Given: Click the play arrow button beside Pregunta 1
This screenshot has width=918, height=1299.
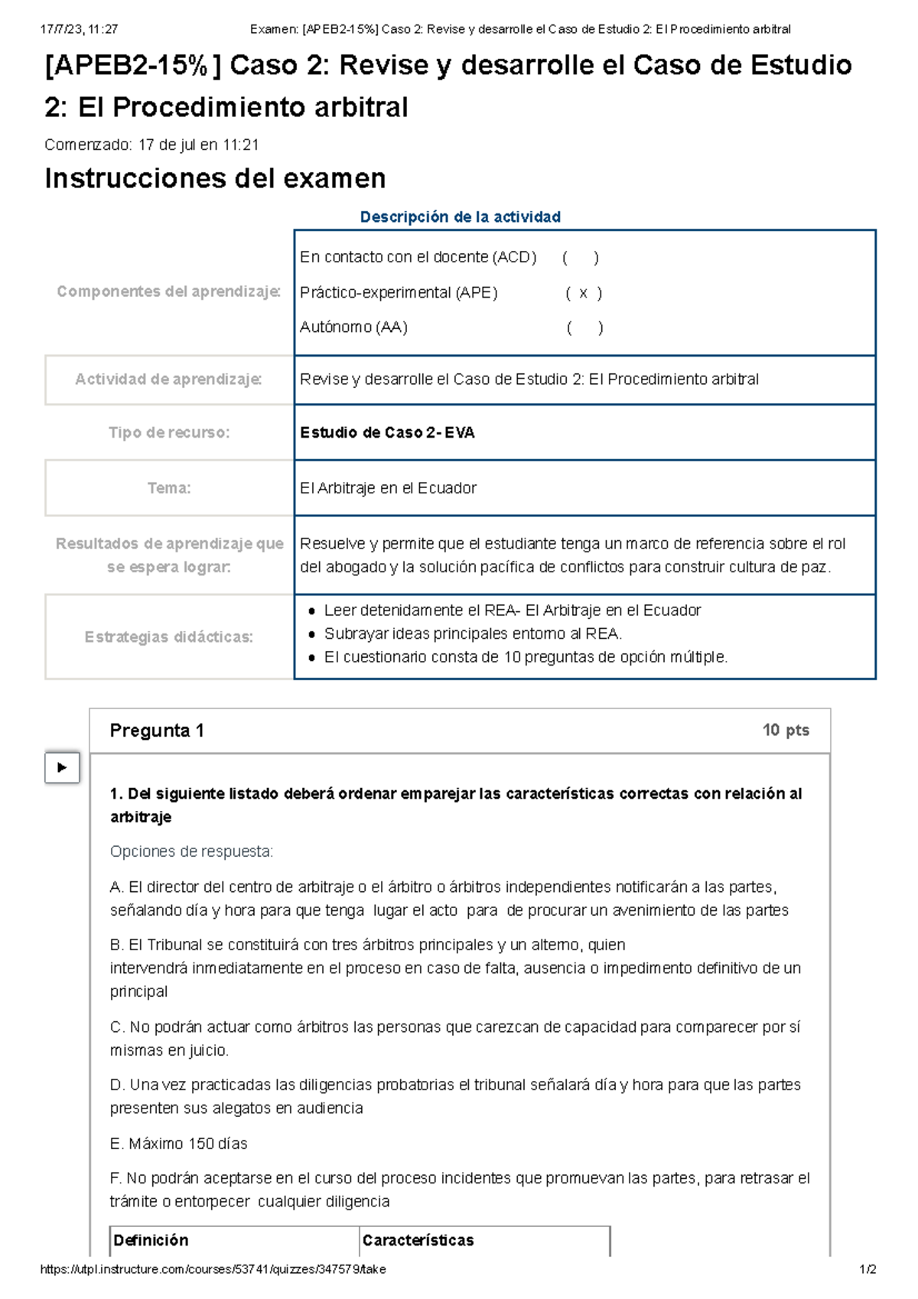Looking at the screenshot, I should point(62,767).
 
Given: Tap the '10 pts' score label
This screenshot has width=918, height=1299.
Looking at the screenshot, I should point(785,730).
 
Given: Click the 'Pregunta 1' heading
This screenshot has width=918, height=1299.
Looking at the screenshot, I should point(157,731).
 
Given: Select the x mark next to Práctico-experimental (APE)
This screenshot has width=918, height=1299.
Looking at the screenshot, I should point(584,293).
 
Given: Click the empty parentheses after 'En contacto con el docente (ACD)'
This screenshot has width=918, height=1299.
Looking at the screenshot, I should point(581,258).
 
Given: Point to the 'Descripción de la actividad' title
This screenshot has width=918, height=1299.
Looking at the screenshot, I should point(460,217).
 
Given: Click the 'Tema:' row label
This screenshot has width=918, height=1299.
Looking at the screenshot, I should point(169,488).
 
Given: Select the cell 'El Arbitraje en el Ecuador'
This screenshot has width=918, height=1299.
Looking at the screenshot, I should point(388,488).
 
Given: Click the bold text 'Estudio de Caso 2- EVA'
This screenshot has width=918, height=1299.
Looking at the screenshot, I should point(387,433).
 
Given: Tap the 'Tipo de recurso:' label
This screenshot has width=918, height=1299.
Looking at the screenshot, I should point(169,433).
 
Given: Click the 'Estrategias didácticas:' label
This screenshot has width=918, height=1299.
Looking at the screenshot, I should point(169,636).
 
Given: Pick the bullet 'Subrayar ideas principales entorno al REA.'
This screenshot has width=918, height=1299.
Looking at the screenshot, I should point(472,633).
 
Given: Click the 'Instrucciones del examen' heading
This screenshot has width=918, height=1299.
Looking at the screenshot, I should point(215,178).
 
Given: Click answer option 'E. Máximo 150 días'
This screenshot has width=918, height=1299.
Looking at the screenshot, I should point(179,1144).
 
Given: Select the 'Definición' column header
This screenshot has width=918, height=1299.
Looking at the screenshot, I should point(151,1240).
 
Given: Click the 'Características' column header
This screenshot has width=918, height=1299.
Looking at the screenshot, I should point(418,1240).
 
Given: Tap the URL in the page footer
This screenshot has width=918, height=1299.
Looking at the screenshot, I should point(213,1269).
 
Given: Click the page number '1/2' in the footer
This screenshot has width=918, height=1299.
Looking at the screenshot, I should point(868,1269).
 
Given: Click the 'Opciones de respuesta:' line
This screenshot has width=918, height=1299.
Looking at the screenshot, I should point(191,851).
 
